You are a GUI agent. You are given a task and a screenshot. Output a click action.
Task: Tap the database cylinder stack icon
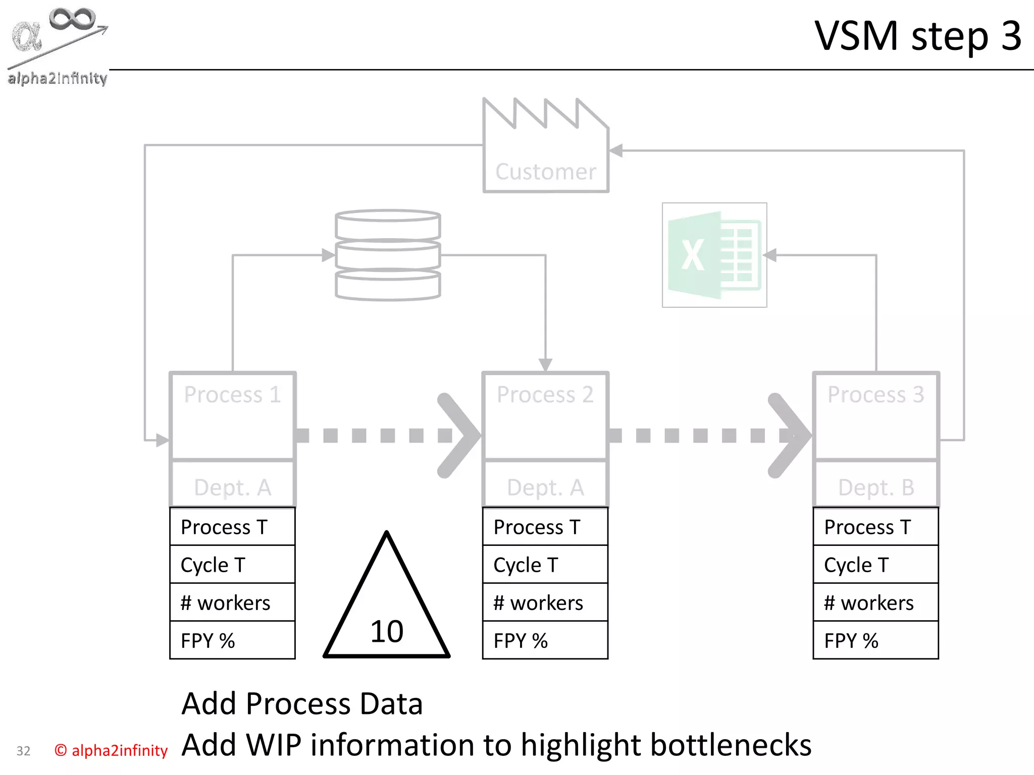388,255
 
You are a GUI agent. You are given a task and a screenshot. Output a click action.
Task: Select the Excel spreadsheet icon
714,255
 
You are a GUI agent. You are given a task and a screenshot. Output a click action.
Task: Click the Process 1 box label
232,395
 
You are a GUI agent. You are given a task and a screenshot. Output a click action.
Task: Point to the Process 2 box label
545,395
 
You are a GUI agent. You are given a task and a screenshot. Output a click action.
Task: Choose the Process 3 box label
875,395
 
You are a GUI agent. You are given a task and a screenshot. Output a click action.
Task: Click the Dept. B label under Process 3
875,487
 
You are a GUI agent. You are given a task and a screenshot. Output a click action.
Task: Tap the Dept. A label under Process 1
232,487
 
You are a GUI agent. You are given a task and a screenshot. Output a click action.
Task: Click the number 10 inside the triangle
387,631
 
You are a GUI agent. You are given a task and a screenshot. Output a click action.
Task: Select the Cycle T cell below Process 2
545,565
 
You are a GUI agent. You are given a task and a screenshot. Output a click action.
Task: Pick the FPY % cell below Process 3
875,640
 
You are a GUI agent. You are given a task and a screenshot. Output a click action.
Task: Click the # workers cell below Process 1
232,602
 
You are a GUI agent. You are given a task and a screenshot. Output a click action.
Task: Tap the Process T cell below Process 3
875,527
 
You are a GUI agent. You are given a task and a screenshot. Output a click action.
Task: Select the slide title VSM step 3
918,36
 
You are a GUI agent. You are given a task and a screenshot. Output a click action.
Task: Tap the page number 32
23,751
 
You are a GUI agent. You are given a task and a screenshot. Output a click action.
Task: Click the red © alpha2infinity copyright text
111,750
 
